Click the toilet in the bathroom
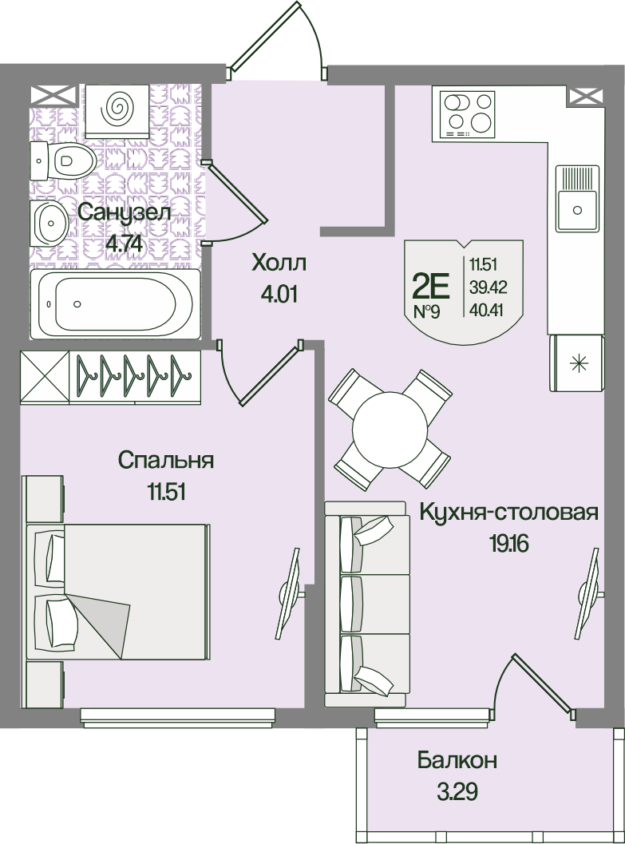coord(63,160)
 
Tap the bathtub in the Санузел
coord(115,304)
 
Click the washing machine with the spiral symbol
coord(117,110)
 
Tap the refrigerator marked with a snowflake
coord(576,363)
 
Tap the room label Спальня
coord(166,461)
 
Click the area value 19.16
coord(509,545)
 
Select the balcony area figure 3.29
coord(456,792)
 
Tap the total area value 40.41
coord(486,310)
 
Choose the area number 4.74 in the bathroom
coord(125,244)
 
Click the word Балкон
coord(457,761)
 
